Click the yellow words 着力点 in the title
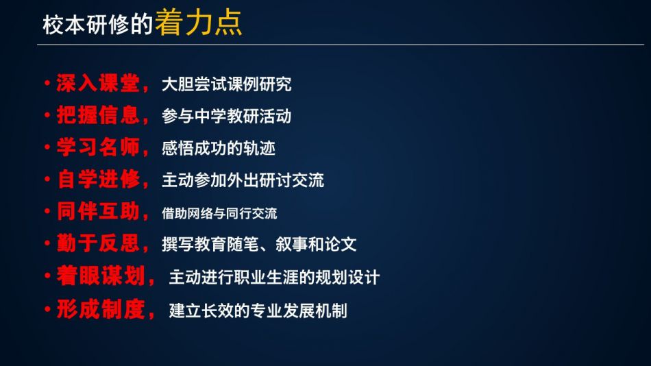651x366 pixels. (199, 23)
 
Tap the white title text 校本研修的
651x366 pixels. (98, 25)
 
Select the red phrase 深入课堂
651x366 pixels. (98, 83)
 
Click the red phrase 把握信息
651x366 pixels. (98, 115)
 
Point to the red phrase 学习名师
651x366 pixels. (98, 147)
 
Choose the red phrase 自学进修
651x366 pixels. (98, 179)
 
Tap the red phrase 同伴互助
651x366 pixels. (98, 211)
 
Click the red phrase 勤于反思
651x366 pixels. (98, 243)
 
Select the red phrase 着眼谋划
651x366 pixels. (101, 276)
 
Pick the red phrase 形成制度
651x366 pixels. (101, 309)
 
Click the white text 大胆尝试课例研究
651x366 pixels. (227, 84)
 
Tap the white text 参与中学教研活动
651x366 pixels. (227, 117)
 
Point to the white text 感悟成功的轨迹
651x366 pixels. (219, 148)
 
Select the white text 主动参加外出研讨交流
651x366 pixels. (243, 180)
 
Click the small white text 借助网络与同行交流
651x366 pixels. (219, 214)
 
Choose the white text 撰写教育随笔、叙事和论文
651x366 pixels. (259, 244)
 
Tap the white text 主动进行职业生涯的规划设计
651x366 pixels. (274, 277)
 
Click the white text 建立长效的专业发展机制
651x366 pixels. (258, 310)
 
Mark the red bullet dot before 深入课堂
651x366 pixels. (47, 83)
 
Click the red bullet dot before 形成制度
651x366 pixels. (47, 309)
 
